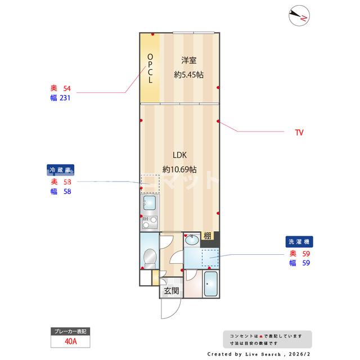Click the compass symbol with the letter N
click(298, 16)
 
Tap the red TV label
click(299, 133)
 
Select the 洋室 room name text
click(188, 61)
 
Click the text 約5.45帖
click(188, 75)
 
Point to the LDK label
click(179, 155)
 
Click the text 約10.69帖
click(179, 169)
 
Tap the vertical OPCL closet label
click(150, 69)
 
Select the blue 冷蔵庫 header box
click(62, 170)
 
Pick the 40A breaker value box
click(71, 341)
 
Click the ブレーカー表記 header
click(71, 331)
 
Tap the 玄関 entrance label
click(172, 291)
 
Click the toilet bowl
click(149, 260)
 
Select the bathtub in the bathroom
click(211, 284)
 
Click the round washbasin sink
click(192, 240)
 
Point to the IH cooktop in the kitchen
click(148, 222)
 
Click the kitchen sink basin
click(149, 202)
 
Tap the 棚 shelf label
click(208, 236)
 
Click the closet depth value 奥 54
click(61, 88)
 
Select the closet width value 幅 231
click(61, 98)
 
